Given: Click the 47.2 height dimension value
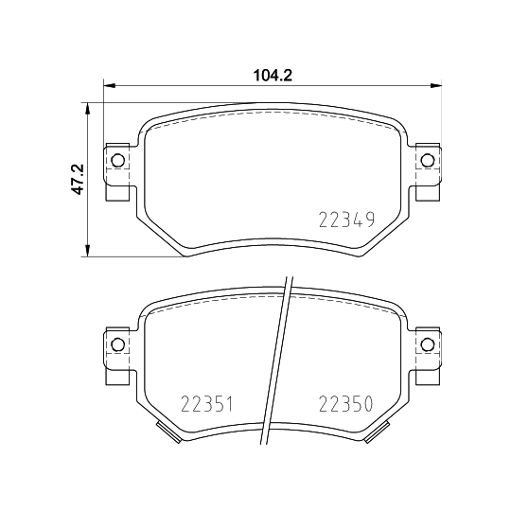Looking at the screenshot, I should (79, 179).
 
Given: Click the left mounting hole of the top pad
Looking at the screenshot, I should (117, 159).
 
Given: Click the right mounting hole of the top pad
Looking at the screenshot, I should (426, 159).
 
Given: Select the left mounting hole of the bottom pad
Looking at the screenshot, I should (117, 344).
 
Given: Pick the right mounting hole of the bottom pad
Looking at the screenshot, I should (426, 344).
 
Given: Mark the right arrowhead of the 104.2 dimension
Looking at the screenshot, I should (436, 88).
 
